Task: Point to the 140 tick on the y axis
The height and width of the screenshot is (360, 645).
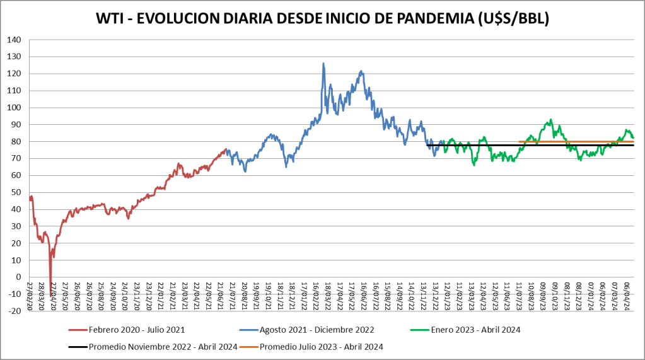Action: click(x=14, y=40)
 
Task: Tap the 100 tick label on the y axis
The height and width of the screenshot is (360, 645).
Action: click(x=14, y=108)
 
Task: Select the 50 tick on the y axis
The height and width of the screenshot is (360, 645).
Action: click(x=16, y=192)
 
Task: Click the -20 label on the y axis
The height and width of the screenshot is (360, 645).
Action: click(x=14, y=311)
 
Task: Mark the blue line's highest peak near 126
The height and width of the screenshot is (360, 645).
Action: click(x=323, y=63)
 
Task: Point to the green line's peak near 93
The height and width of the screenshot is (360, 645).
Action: click(x=551, y=120)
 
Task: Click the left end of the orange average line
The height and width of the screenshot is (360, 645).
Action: click(x=519, y=142)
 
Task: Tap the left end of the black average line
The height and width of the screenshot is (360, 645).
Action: click(x=427, y=146)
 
